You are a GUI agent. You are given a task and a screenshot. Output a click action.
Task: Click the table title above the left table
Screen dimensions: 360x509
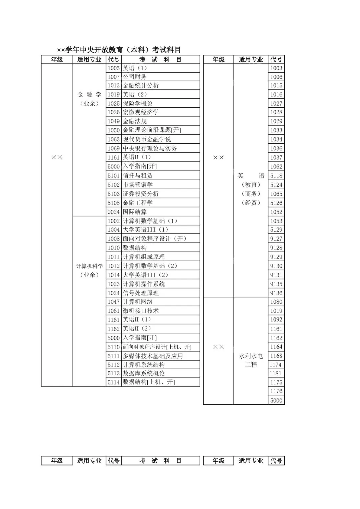click(119, 50)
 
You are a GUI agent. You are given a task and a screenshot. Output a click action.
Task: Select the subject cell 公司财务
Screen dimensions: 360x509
click(135, 77)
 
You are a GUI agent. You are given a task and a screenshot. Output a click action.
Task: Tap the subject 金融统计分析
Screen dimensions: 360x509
click(141, 86)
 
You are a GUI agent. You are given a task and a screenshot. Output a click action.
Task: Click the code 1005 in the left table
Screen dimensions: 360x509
click(113, 68)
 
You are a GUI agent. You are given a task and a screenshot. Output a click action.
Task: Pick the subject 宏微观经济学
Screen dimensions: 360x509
click(141, 112)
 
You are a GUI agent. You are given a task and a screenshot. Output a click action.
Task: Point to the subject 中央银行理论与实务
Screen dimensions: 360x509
click(150, 148)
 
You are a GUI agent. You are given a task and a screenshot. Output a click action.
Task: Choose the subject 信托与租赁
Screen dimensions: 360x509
click(138, 175)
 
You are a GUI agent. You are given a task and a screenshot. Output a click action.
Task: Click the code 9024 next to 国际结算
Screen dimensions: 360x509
click(113, 212)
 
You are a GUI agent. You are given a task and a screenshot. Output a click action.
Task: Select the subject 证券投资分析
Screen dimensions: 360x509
click(141, 194)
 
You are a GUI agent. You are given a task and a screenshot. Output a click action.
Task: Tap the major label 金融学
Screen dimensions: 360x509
click(89, 95)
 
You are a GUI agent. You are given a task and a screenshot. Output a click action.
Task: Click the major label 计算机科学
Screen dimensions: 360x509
click(89, 266)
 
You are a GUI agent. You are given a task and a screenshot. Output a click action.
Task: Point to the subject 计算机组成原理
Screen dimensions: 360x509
click(144, 257)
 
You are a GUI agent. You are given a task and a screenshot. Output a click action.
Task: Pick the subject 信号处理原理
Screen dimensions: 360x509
click(141, 293)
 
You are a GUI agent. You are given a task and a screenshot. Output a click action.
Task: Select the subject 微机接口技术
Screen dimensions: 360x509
click(141, 311)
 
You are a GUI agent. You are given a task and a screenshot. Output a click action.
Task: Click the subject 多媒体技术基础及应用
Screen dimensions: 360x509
click(153, 356)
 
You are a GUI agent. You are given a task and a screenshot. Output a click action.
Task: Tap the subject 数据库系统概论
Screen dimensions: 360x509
click(144, 373)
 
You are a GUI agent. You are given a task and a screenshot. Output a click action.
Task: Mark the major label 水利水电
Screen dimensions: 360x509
click(251, 356)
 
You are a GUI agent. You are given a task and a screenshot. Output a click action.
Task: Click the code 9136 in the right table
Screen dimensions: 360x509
click(276, 293)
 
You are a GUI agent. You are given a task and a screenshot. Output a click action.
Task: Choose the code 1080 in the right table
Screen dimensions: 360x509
click(276, 302)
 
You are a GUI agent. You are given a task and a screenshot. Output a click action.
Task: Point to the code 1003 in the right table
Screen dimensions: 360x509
click(276, 68)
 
